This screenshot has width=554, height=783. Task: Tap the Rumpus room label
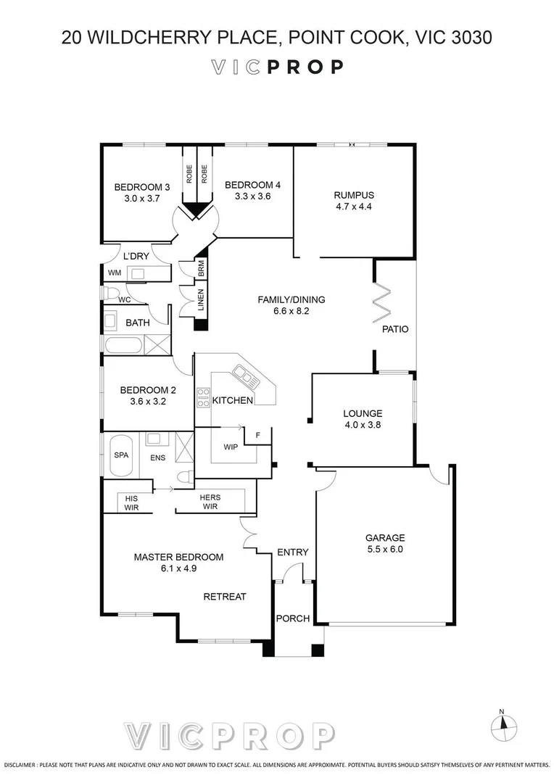click(x=354, y=194)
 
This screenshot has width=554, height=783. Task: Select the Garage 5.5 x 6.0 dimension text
click(x=384, y=550)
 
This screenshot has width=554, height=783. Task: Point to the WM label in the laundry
click(x=115, y=273)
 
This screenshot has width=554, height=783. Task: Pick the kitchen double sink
click(x=243, y=375)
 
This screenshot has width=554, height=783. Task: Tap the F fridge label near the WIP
click(x=257, y=436)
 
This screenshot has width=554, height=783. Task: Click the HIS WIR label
click(x=131, y=502)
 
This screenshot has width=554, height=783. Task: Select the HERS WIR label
click(x=210, y=502)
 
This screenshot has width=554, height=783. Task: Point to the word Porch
click(x=292, y=618)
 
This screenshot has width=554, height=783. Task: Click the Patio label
click(x=395, y=329)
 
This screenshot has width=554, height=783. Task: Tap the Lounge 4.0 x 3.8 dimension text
click(x=363, y=426)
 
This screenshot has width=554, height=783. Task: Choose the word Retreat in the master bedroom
click(x=225, y=597)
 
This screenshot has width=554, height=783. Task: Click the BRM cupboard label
click(x=201, y=269)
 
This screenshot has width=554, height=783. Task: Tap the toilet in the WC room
click(x=110, y=293)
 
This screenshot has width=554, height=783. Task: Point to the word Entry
click(x=293, y=552)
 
